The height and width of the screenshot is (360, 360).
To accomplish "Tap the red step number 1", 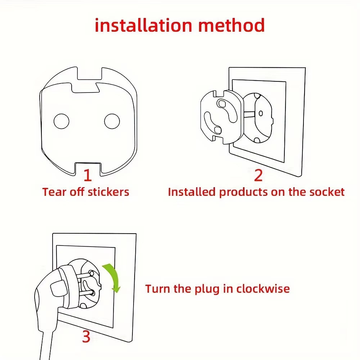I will tap(87, 175).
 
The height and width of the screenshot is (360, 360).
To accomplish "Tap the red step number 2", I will tap(258, 175).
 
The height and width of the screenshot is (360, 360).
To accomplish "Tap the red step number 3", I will tap(86, 337).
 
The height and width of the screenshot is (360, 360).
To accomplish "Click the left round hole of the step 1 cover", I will tap(61, 121).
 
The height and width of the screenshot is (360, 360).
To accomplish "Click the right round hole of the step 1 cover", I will tap(112, 121).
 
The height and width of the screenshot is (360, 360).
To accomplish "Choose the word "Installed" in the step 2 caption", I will tap(192, 192).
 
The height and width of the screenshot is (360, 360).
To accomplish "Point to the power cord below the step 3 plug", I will tap(45, 346).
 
